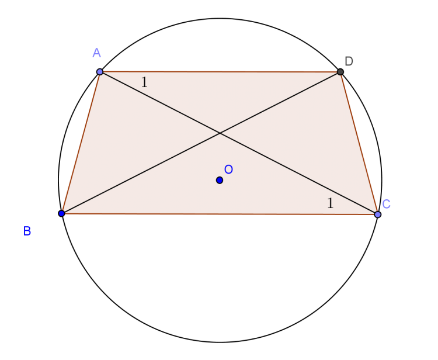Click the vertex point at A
(x=100, y=72)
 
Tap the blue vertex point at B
(x=62, y=213)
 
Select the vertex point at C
(x=378, y=214)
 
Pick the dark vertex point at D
(x=340, y=72)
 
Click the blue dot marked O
(x=220, y=180)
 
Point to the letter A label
(x=97, y=53)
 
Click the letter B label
(x=27, y=231)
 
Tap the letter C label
(x=386, y=204)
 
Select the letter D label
(x=349, y=61)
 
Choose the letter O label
(x=228, y=169)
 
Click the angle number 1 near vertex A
(x=144, y=82)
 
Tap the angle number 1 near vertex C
(x=330, y=203)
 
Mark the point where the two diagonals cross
(x=220, y=133)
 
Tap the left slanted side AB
(x=81, y=143)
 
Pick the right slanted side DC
(x=359, y=143)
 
